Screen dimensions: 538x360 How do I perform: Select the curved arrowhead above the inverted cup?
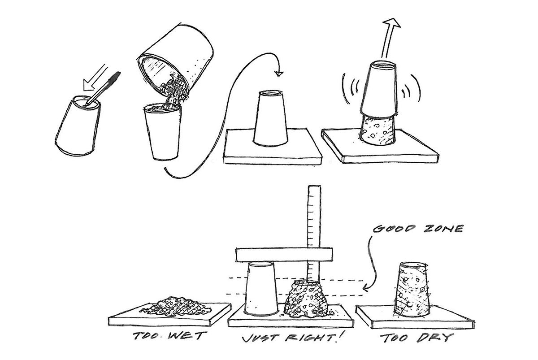pyautogui.click(x=279, y=74)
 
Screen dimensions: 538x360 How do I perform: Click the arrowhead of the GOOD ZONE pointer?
pyautogui.click(x=365, y=288)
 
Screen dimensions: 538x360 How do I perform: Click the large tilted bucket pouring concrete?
pyautogui.click(x=176, y=62)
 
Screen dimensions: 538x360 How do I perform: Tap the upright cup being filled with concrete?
pyautogui.click(x=163, y=132)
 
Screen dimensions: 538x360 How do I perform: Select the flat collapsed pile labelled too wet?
pyautogui.click(x=175, y=307)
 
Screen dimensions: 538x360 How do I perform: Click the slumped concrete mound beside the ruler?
pyautogui.click(x=306, y=299)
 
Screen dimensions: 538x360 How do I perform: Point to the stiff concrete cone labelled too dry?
pyautogui.click(x=412, y=290)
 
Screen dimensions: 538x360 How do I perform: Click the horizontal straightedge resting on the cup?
pyautogui.click(x=284, y=255)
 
